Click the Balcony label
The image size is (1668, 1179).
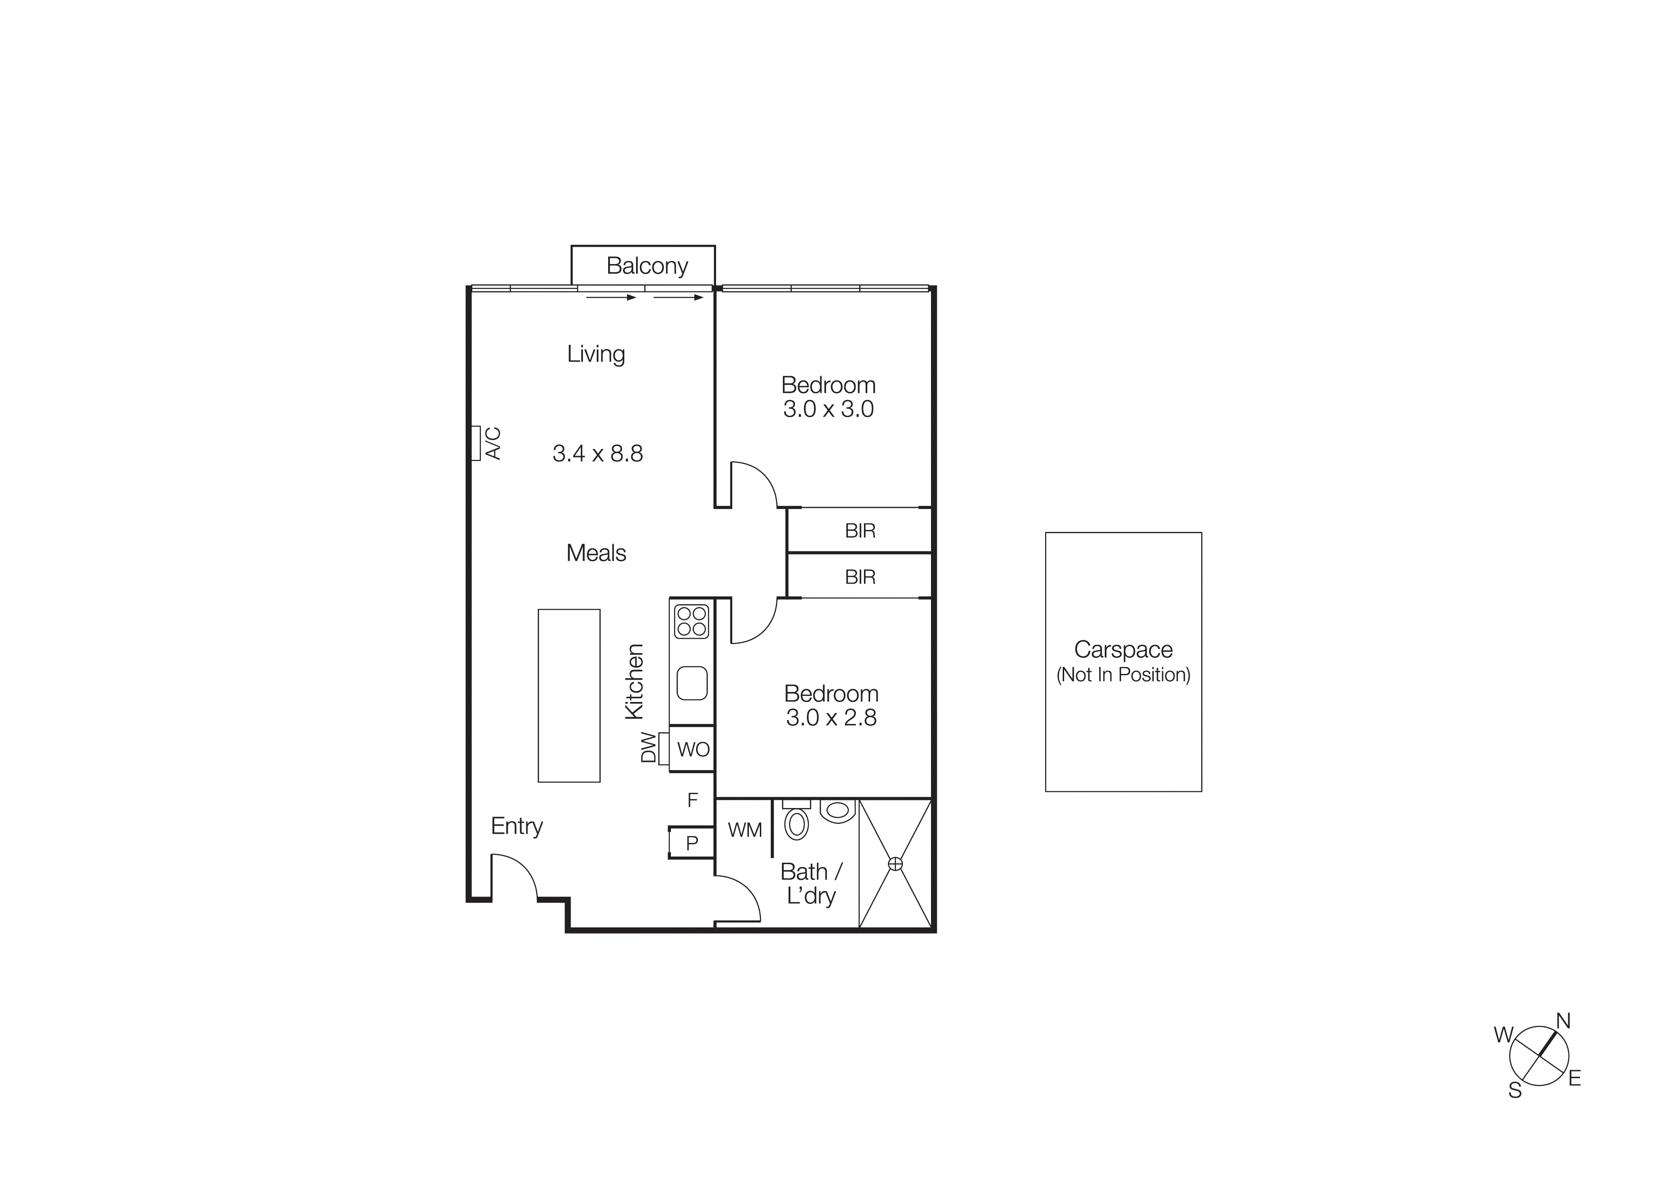click(647, 266)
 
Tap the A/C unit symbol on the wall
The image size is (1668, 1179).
click(476, 443)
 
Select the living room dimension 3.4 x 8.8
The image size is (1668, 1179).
click(597, 453)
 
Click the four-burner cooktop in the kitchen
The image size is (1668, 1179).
click(691, 621)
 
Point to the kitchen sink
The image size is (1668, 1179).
click(692, 683)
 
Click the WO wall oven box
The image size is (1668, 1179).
click(692, 749)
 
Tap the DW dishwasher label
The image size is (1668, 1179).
click(649, 748)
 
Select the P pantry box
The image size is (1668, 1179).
click(692, 843)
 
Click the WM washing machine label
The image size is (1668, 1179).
click(745, 829)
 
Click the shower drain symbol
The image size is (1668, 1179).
click(895, 864)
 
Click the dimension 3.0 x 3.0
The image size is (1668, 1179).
click(828, 409)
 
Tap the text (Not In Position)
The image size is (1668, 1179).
click(1123, 675)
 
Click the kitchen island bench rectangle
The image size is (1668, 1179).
click(569, 695)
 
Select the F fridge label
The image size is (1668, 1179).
click(692, 800)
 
